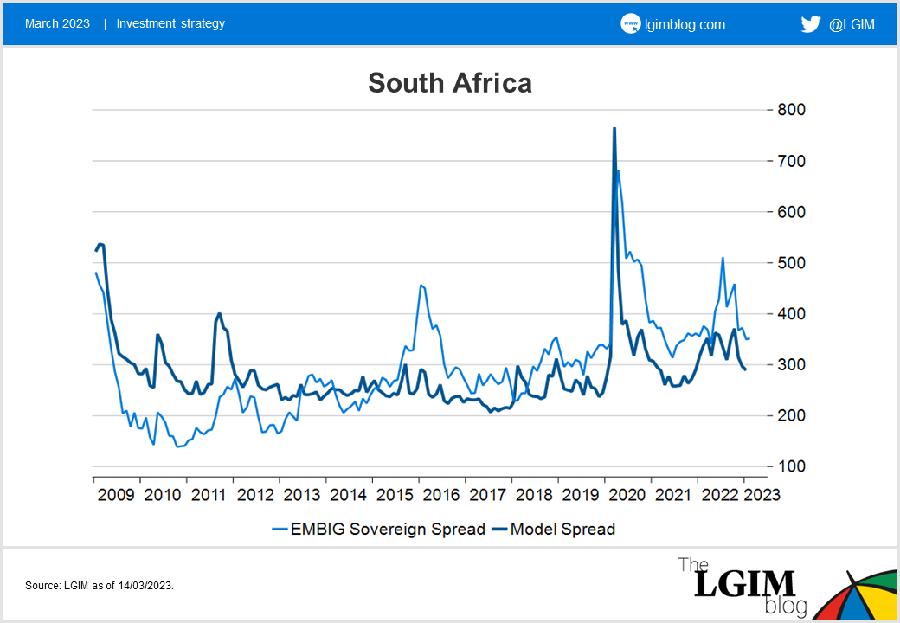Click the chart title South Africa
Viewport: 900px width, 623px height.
click(449, 83)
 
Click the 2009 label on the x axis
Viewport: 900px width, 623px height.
click(116, 495)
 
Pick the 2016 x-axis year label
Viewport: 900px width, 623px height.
click(440, 495)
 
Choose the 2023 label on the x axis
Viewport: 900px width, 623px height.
click(762, 495)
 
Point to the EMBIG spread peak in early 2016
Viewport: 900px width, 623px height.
click(421, 285)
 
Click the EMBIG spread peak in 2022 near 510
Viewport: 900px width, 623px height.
click(723, 258)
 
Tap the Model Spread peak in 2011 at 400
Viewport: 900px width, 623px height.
click(220, 313)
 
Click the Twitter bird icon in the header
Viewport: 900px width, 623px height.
click(811, 24)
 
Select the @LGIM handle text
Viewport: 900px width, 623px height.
click(852, 24)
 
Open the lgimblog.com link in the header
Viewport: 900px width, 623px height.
click(684, 24)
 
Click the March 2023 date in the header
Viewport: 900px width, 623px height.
click(57, 23)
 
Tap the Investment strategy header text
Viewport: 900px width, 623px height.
click(170, 23)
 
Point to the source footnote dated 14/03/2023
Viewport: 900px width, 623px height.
click(100, 586)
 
